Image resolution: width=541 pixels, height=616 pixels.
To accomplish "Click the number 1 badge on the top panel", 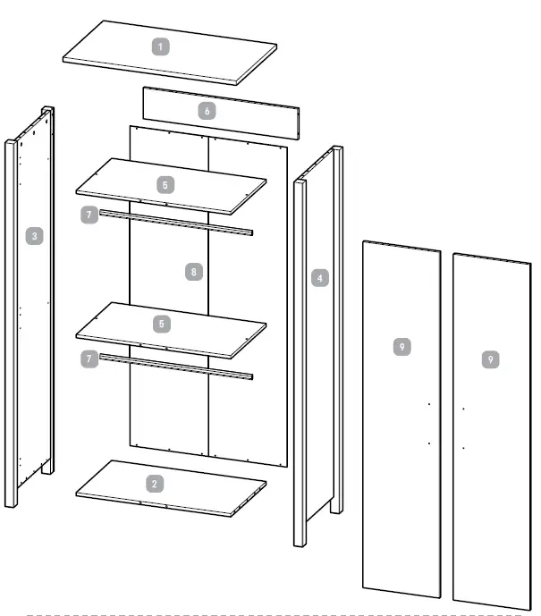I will pyautogui.click(x=161, y=46).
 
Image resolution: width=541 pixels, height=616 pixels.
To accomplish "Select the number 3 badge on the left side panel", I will pyautogui.click(x=34, y=236).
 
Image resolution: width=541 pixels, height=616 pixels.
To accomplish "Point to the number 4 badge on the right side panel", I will pyautogui.click(x=319, y=277).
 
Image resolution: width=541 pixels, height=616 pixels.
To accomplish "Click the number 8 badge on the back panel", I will pyautogui.click(x=194, y=271).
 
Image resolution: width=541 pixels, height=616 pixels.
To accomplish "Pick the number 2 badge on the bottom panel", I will pyautogui.click(x=156, y=483).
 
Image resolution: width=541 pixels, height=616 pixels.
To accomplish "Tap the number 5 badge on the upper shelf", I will pyautogui.click(x=165, y=185).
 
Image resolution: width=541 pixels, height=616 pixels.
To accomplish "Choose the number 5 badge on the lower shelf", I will pyautogui.click(x=161, y=323).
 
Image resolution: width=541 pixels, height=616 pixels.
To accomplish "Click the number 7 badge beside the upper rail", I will pyautogui.click(x=88, y=215).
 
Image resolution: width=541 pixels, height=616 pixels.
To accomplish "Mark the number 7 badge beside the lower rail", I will pyautogui.click(x=88, y=359).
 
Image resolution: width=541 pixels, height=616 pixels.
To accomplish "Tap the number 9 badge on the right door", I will pyautogui.click(x=491, y=359).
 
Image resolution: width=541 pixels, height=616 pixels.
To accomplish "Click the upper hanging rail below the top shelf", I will pyautogui.click(x=179, y=222).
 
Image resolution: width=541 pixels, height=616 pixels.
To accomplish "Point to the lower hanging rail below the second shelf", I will pyautogui.click(x=179, y=365).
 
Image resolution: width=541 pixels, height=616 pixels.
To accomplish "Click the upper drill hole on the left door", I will pyautogui.click(x=429, y=404).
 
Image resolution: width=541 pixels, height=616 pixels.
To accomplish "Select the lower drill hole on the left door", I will pyautogui.click(x=429, y=443).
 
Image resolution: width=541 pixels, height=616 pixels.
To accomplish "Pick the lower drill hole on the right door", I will pyautogui.click(x=463, y=446).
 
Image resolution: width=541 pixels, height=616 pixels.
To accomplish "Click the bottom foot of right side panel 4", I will pyautogui.click(x=300, y=540).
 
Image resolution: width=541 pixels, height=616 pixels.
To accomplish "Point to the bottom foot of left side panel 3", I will pyautogui.click(x=11, y=502).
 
